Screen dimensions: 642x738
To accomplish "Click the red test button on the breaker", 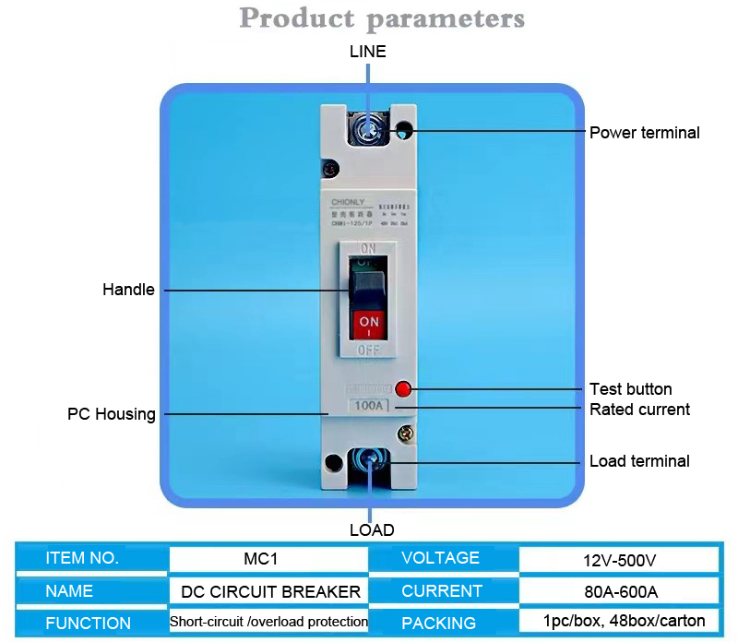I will click(402, 388).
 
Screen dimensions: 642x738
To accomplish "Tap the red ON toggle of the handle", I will click(369, 324).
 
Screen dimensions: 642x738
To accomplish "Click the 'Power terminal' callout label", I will click(644, 133).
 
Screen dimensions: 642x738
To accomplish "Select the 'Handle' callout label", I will click(128, 290).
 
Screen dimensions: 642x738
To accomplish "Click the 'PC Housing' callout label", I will click(112, 414).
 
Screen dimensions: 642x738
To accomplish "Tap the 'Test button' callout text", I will click(630, 389).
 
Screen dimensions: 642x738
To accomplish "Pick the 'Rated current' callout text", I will click(639, 410).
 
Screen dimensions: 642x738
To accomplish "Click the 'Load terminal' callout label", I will click(639, 461).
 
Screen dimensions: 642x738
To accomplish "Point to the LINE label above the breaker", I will click(367, 52).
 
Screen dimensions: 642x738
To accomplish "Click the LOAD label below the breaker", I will click(372, 530).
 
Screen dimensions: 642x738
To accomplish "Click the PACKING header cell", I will click(439, 623).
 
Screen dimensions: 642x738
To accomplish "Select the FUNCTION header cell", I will click(89, 623).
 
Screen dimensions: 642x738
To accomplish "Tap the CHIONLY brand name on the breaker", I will click(348, 201).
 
